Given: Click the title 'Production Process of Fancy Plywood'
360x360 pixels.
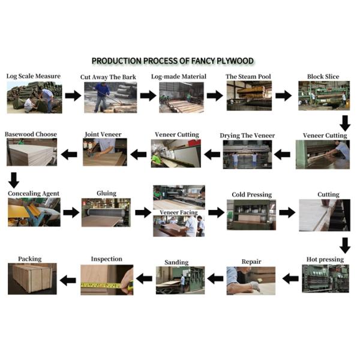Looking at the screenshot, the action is pos(173,61).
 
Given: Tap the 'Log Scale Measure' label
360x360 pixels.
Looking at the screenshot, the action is pos(34,76).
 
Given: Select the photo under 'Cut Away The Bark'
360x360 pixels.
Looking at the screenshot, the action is pos(110,97).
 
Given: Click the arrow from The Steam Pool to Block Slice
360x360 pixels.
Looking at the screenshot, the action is pos(284,95).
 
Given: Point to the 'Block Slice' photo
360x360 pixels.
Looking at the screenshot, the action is pos(324,95).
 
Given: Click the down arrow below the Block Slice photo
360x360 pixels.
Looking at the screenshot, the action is pos(345,123).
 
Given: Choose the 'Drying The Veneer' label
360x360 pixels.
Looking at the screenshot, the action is pos(247,136).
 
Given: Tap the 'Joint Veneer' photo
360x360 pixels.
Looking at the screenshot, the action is pos(105,152).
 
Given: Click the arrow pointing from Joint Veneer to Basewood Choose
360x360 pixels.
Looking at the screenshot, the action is pos(69,154).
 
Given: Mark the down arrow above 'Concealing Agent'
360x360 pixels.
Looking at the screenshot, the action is pos(14,181).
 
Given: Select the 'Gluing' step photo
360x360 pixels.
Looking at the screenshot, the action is pos(106,212).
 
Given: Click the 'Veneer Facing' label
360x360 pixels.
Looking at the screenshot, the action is pos(179,212).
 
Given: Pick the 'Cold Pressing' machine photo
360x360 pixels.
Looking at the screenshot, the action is pos(251,215).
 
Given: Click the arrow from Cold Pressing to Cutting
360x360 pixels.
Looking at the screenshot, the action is pos(287,212).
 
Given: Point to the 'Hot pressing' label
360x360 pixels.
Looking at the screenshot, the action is pos(325,259).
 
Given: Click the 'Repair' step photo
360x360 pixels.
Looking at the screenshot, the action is pos(251,281).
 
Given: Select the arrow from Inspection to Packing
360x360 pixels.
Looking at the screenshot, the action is pos(68,280).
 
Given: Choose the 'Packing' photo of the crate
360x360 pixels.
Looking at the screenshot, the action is pos(32,279).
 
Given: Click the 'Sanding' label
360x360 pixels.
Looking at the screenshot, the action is pos(176,262).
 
